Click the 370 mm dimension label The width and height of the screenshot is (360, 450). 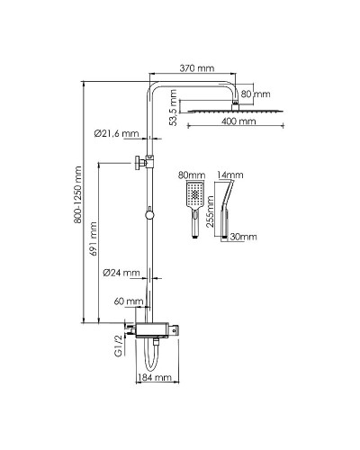coord(197,68)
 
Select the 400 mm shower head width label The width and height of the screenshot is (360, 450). coord(238,121)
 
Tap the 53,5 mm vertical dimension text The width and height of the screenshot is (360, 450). coord(173,107)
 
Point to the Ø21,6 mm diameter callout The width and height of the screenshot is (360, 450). coord(116,133)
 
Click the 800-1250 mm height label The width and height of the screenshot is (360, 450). coord(77,194)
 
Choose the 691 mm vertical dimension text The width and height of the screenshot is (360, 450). coord(94,238)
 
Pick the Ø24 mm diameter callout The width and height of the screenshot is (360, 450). coord(121,273)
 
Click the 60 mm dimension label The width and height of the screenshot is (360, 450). coord(129,301)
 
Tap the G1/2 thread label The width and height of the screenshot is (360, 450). coord(119,346)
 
